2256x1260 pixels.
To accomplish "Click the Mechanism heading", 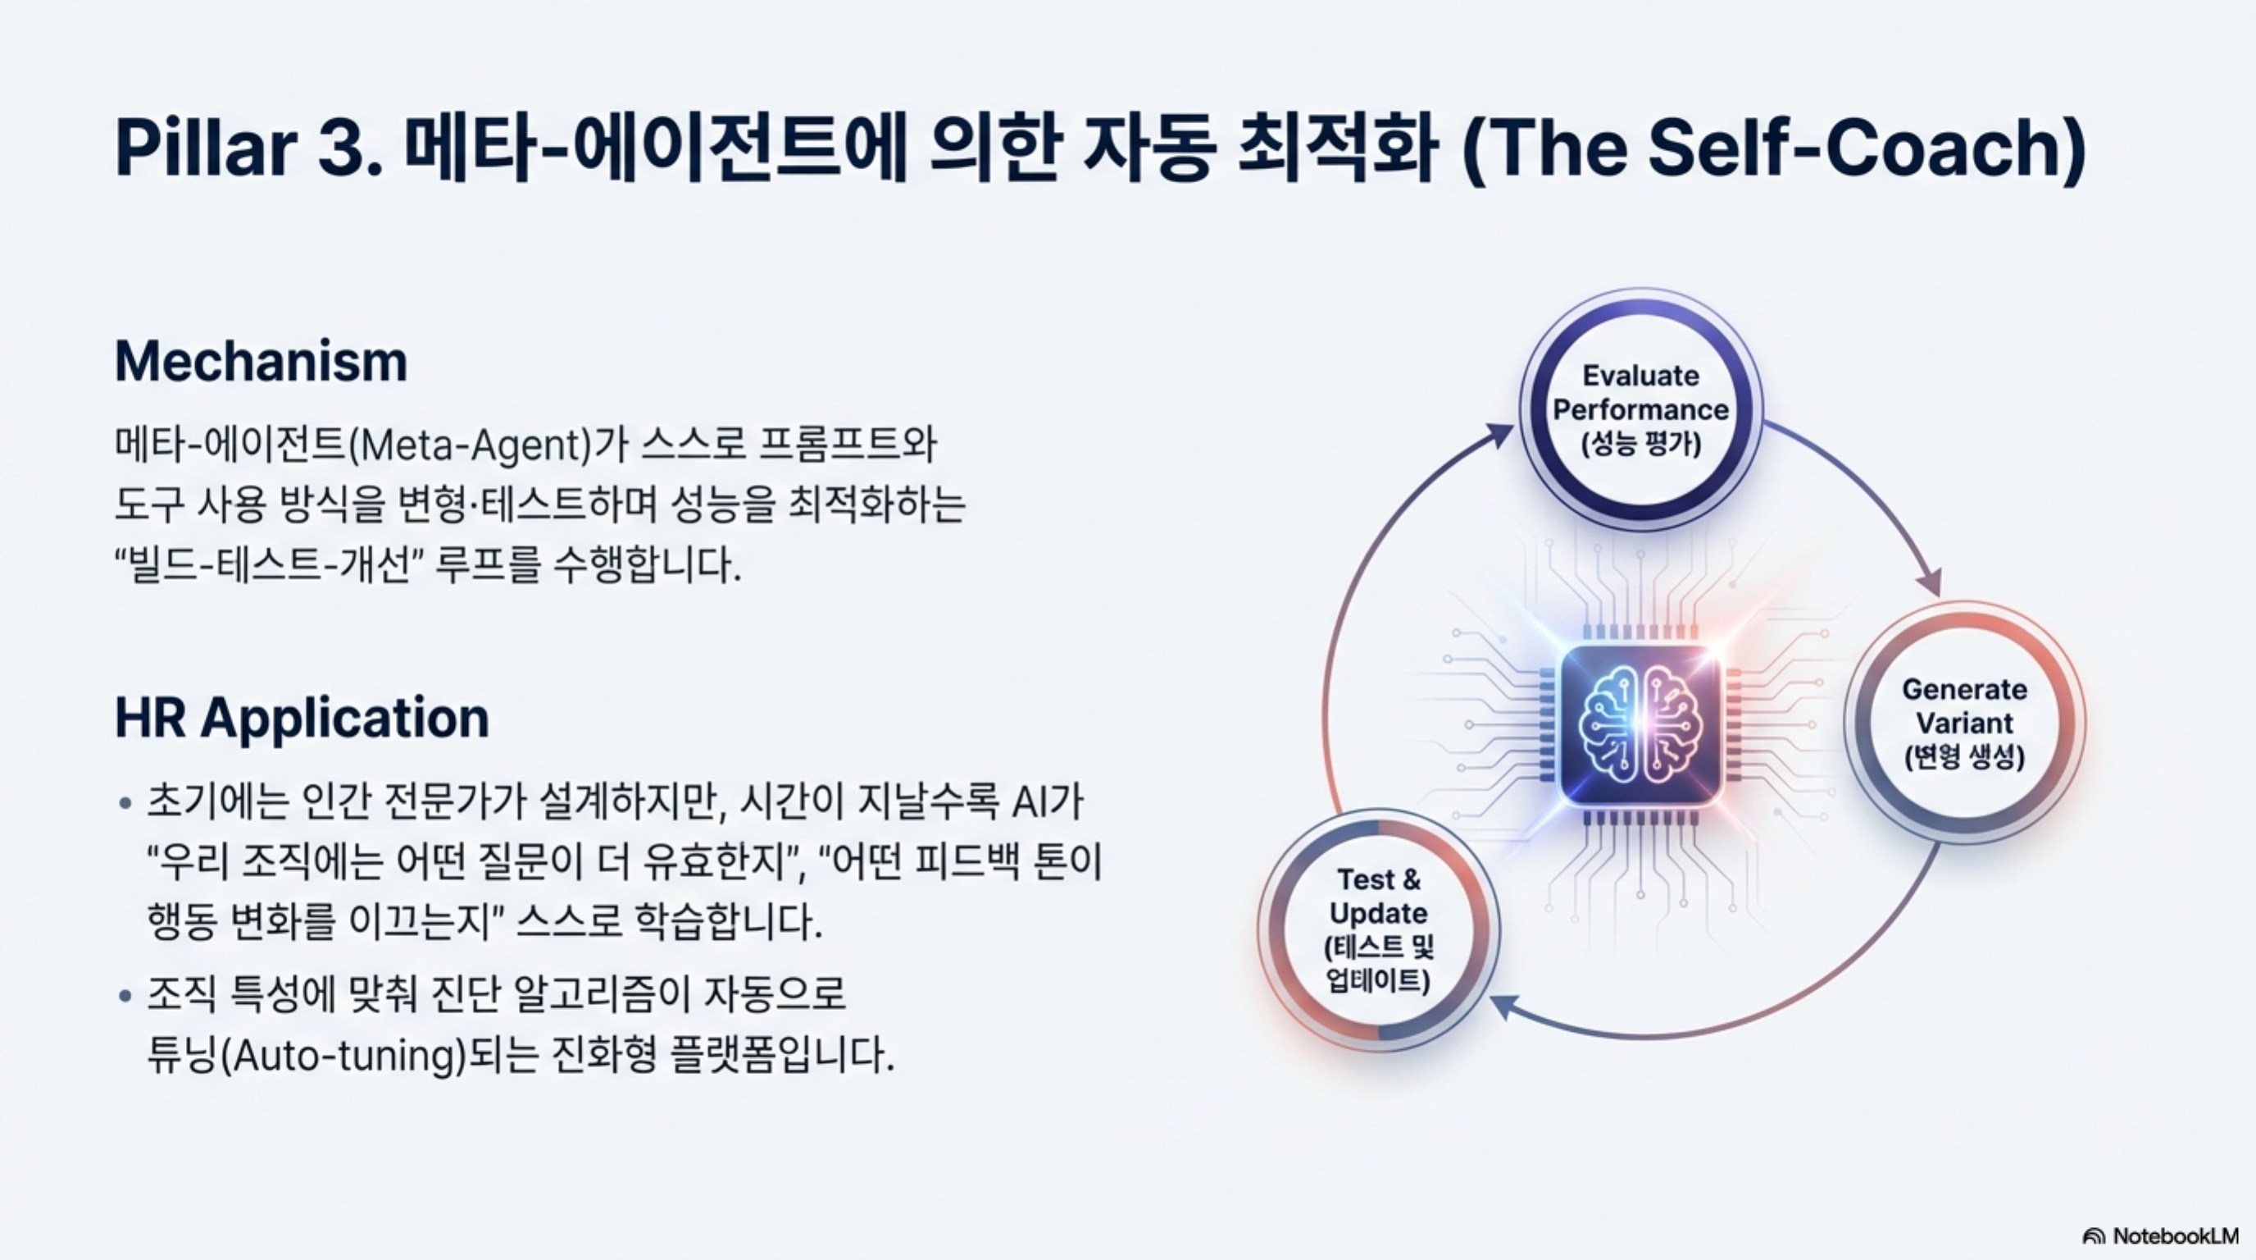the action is pyautogui.click(x=261, y=362).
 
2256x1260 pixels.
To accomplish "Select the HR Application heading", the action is pyautogui.click(x=302, y=719).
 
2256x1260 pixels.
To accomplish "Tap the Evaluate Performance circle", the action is pyautogui.click(x=1640, y=409).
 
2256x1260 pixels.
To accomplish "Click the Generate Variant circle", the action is pyautogui.click(x=1964, y=722).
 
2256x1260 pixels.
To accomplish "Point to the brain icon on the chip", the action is pyautogui.click(x=1640, y=725).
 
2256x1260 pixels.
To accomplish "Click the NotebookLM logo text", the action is pyautogui.click(x=2174, y=1235).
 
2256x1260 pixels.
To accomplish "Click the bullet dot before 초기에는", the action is pyautogui.click(x=126, y=802).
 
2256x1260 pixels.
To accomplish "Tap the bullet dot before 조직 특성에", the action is pyautogui.click(x=126, y=995).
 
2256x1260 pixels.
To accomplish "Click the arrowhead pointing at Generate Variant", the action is pyautogui.click(x=1930, y=582).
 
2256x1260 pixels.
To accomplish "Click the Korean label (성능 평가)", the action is pyautogui.click(x=1640, y=445).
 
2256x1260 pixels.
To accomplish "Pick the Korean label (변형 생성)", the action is pyautogui.click(x=1964, y=756).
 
